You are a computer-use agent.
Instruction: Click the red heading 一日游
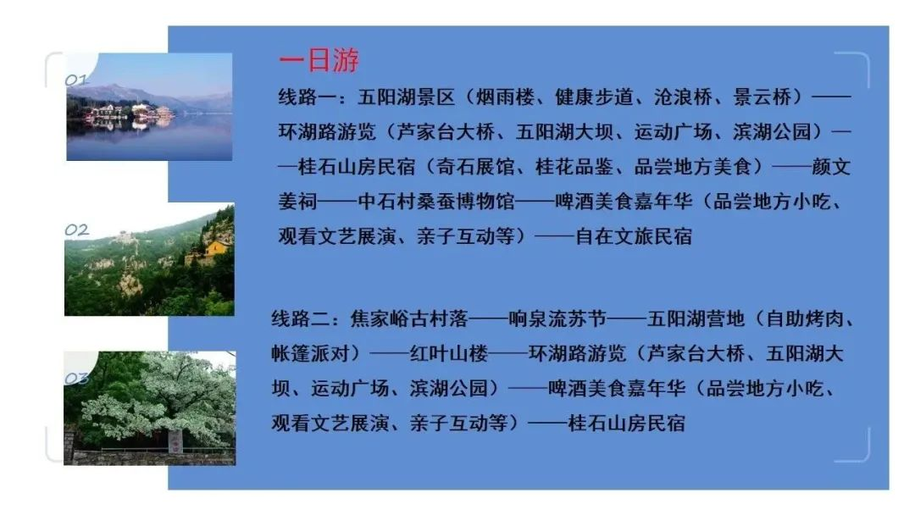[319, 61]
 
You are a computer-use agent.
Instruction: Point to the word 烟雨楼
[505, 97]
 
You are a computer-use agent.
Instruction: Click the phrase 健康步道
[594, 97]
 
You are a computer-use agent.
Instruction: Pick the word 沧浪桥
[684, 97]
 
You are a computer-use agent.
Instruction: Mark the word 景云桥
[762, 97]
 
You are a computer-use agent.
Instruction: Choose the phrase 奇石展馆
[475, 167]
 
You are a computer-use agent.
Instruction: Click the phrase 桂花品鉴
[574, 167]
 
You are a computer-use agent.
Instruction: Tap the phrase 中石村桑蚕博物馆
[436, 202]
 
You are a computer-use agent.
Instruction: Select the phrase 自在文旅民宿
[634, 237]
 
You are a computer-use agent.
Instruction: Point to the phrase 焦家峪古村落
[409, 319]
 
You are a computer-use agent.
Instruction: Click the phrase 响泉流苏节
[557, 319]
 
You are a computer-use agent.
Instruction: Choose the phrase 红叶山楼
[449, 354]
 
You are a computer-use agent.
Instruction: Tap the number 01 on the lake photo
[76, 80]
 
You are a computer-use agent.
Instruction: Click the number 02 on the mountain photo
[76, 230]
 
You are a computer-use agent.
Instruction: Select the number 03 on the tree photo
[76, 379]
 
